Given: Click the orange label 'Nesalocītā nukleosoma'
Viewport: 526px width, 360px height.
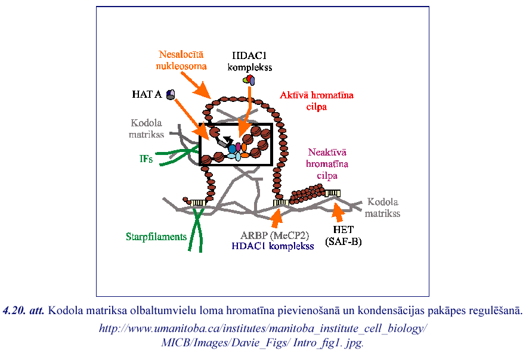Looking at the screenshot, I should (182, 59).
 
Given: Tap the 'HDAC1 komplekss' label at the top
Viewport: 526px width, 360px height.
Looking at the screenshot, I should (250, 61).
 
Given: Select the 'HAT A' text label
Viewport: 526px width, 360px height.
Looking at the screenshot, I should (147, 94).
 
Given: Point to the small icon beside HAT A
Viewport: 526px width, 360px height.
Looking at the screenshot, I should (171, 94).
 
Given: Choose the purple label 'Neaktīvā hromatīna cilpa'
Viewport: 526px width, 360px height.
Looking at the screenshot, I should (327, 163).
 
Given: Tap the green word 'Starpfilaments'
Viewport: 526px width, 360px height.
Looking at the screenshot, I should (156, 237).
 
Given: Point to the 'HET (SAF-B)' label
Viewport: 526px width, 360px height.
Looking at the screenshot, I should (344, 235).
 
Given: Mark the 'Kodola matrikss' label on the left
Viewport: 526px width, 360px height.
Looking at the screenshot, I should (147, 129).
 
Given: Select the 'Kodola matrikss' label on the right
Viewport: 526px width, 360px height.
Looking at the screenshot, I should (382, 207).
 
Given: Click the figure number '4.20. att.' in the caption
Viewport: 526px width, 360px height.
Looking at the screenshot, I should (24, 311).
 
